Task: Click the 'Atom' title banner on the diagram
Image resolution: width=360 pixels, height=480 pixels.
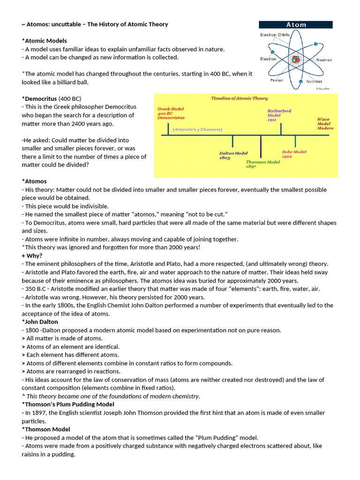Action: pos(296,25)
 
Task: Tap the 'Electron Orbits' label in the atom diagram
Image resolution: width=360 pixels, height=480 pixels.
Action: pos(275,35)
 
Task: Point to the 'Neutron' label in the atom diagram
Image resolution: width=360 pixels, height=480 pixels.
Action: pos(324,60)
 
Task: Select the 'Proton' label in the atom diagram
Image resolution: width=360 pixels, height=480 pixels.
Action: pos(277,80)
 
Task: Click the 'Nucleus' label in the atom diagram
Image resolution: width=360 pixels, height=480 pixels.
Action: pos(314,82)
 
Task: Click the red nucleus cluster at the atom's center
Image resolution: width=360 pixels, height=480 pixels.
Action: pos(295,60)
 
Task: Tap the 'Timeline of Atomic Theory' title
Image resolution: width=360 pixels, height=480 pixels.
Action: pos(239,98)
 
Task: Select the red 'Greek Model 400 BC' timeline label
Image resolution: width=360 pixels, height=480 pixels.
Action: pos(171,113)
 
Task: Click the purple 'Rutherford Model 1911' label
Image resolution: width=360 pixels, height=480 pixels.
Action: pos(279,115)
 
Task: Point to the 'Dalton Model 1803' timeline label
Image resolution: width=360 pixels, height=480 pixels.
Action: pos(233,156)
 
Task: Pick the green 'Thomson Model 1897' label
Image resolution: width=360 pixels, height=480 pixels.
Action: pos(262,164)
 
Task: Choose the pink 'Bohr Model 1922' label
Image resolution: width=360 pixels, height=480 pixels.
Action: pos(294,154)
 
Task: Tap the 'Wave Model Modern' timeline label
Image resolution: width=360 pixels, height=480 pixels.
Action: pos(325,124)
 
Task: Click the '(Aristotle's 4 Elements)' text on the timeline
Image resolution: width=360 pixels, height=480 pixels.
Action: pos(197,129)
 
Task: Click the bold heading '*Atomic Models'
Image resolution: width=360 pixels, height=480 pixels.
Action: pos(45,41)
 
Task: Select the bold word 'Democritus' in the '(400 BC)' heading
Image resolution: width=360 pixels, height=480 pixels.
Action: pos(40,99)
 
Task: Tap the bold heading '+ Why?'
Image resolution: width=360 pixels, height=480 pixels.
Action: pos(32,255)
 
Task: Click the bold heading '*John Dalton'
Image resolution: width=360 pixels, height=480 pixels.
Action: pos(40,322)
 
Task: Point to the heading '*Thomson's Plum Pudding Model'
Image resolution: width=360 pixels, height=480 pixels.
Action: pos(68,404)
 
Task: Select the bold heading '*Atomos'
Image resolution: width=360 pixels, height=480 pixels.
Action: pos(34,181)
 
